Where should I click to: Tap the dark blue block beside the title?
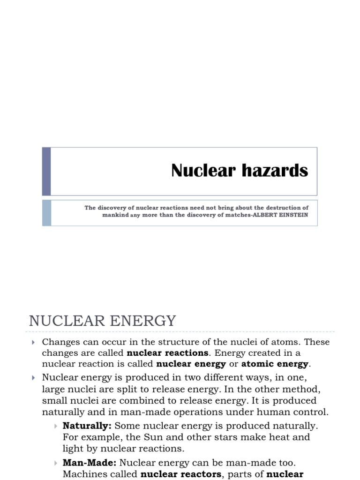[46, 171]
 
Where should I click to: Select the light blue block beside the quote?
[46, 213]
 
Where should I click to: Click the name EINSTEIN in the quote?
[294, 216]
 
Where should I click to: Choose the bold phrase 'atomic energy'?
[275, 364]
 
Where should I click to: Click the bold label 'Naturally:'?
[87, 426]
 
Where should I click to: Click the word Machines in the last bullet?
[82, 474]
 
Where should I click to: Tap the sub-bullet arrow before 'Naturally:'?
[56, 426]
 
